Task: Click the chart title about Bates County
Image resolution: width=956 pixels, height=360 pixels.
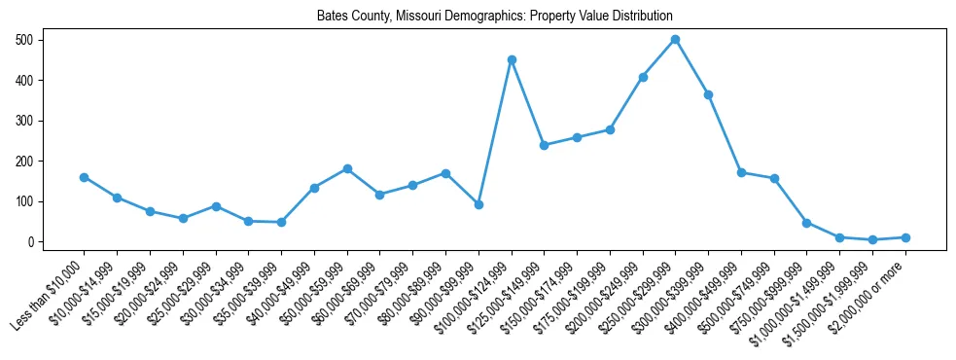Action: (x=494, y=17)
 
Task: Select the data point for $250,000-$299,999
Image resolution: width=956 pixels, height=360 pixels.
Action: (x=675, y=40)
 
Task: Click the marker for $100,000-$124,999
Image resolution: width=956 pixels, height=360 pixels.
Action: (x=511, y=59)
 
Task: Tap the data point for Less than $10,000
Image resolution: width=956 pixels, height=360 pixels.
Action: (x=85, y=177)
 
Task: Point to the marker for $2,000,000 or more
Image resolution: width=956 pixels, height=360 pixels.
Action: (x=905, y=237)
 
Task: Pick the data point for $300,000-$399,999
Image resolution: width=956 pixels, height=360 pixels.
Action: (x=708, y=94)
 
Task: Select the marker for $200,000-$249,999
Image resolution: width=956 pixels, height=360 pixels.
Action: (x=643, y=77)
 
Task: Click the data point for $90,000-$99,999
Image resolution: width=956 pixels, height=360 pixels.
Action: (x=478, y=204)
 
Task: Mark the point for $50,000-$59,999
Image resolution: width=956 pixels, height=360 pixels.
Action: (x=347, y=168)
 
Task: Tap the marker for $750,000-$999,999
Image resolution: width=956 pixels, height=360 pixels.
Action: (x=806, y=223)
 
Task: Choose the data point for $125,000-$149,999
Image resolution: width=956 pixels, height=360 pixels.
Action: (x=544, y=145)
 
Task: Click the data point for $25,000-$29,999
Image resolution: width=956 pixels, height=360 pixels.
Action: (x=216, y=206)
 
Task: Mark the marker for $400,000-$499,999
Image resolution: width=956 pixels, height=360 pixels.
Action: (x=741, y=172)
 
